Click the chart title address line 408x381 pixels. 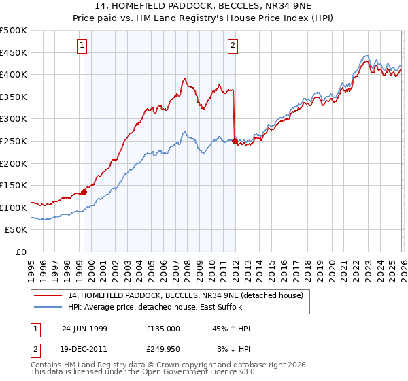tap(204, 6)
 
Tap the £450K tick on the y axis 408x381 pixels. tap(14, 52)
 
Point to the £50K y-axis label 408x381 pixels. tap(16, 230)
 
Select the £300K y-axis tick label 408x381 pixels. tap(14, 119)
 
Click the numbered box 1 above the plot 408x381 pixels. tap(82, 46)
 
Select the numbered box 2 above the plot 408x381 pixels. tap(233, 46)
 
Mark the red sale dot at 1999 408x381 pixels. tap(84, 192)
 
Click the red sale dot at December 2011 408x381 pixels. tap(235, 142)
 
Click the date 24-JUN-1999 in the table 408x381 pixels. tap(84, 329)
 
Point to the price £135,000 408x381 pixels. tap(163, 329)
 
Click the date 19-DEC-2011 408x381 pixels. tap(84, 348)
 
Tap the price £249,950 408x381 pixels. tap(163, 348)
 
